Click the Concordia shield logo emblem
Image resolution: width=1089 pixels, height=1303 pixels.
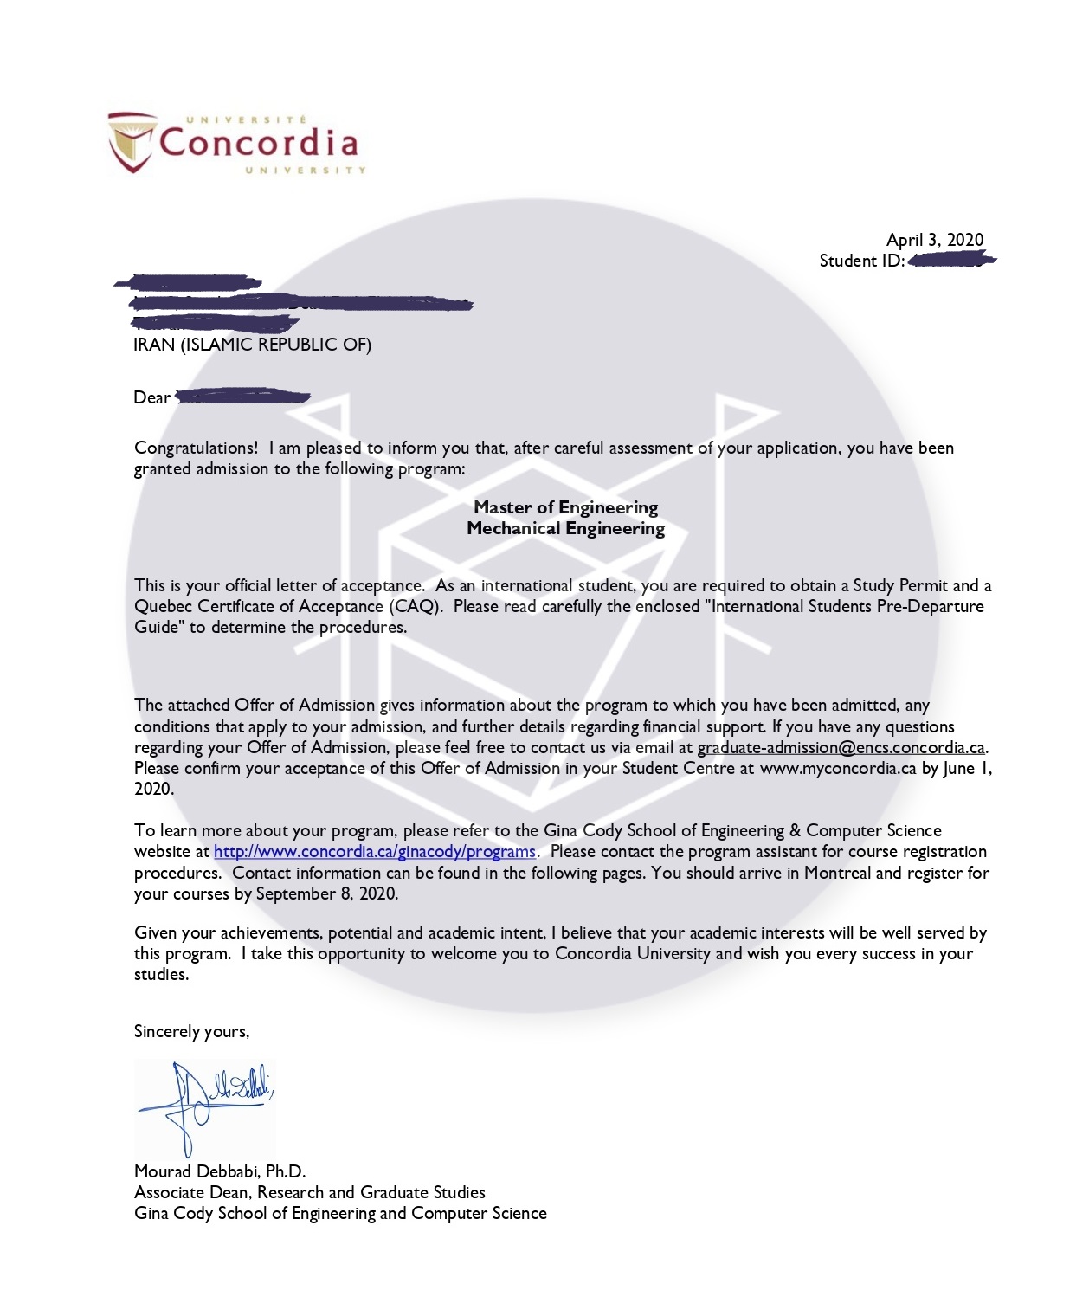pyautogui.click(x=132, y=141)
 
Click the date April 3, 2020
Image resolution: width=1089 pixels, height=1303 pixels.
pyautogui.click(x=934, y=240)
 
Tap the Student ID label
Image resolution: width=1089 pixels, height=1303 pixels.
pyautogui.click(x=861, y=261)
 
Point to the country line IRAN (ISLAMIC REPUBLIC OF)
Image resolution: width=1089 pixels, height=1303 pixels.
pyautogui.click(x=252, y=345)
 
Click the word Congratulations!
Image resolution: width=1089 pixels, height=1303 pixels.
pyautogui.click(x=196, y=448)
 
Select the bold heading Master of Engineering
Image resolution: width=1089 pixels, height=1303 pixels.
pyautogui.click(x=565, y=507)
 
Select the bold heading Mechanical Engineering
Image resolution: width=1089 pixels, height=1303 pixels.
pyautogui.click(x=565, y=528)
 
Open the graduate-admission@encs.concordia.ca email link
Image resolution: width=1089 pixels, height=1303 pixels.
pyautogui.click(x=841, y=747)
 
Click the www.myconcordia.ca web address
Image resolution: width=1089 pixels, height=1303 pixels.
pyautogui.click(x=837, y=768)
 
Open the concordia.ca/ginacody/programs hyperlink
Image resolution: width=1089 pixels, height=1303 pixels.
pyautogui.click(x=374, y=852)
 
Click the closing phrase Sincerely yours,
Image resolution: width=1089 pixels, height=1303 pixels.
pyautogui.click(x=191, y=1031)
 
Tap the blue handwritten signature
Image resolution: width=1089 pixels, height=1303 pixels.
pyautogui.click(x=204, y=1104)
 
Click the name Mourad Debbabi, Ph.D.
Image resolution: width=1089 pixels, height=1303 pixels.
pyautogui.click(x=220, y=1171)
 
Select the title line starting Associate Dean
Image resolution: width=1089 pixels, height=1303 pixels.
pyautogui.click(x=309, y=1192)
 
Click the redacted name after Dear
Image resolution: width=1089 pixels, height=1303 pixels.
pyautogui.click(x=242, y=397)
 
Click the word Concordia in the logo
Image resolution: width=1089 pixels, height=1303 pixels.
pyautogui.click(x=258, y=143)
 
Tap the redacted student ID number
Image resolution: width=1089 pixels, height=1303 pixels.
pyautogui.click(x=950, y=260)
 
